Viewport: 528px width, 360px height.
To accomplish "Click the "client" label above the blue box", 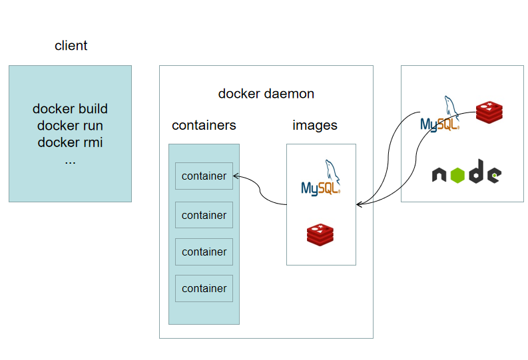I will [x=71, y=46].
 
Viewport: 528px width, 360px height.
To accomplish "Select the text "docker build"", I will [x=70, y=109].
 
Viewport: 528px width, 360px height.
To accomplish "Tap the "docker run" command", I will [x=70, y=125].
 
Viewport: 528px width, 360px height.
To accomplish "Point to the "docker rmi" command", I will [x=70, y=142].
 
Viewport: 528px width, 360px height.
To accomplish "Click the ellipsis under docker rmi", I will [x=70, y=160].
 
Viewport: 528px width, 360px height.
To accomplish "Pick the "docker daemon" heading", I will [x=266, y=94].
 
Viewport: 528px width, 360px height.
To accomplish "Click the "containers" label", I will [x=204, y=125].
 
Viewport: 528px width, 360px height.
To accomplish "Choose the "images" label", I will [x=314, y=125].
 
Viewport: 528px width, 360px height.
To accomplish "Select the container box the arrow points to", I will [x=204, y=176].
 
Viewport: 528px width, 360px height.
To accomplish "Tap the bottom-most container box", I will [x=204, y=288].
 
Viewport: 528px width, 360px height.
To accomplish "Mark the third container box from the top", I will [x=204, y=252].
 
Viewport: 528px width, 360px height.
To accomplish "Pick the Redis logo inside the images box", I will [x=320, y=234].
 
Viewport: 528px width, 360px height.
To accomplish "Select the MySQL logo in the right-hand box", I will [x=441, y=114].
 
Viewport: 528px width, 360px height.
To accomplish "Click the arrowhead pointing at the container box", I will [x=237, y=177].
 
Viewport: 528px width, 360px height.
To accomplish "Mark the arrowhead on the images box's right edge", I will [x=359, y=204].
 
